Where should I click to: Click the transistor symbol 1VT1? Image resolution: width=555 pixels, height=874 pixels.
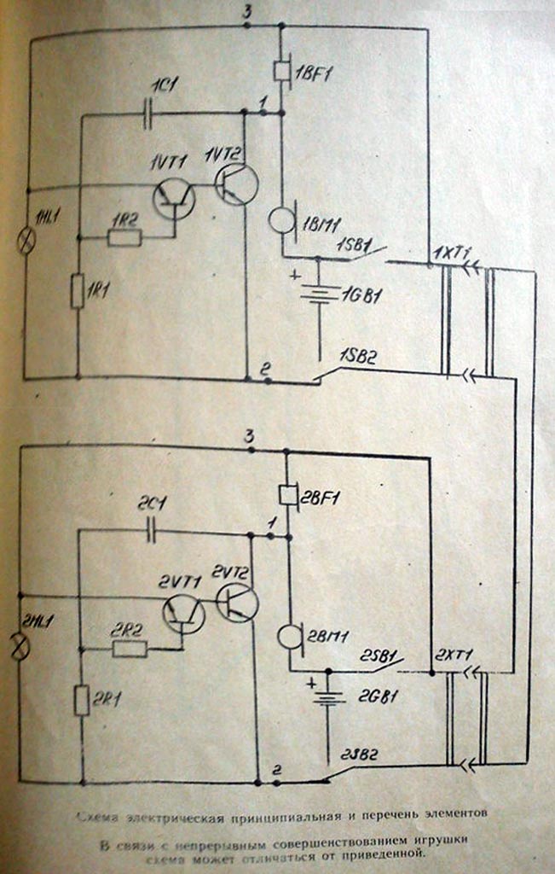[x=174, y=198]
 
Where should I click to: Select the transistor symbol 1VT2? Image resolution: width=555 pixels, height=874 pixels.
[x=236, y=184]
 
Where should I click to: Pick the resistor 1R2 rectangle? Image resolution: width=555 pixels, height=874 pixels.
[x=124, y=237]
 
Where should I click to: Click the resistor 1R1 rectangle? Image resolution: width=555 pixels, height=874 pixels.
[x=78, y=292]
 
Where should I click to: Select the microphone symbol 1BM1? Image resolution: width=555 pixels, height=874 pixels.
[x=281, y=219]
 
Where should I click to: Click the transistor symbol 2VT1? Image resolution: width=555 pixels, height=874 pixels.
[x=184, y=613]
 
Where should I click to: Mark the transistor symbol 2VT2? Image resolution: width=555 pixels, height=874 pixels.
[x=237, y=602]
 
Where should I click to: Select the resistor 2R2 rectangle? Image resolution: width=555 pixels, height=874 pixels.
[x=130, y=650]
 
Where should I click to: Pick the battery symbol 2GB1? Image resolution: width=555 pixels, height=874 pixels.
[x=329, y=698]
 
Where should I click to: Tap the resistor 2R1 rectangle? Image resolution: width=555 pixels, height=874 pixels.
[x=82, y=700]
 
